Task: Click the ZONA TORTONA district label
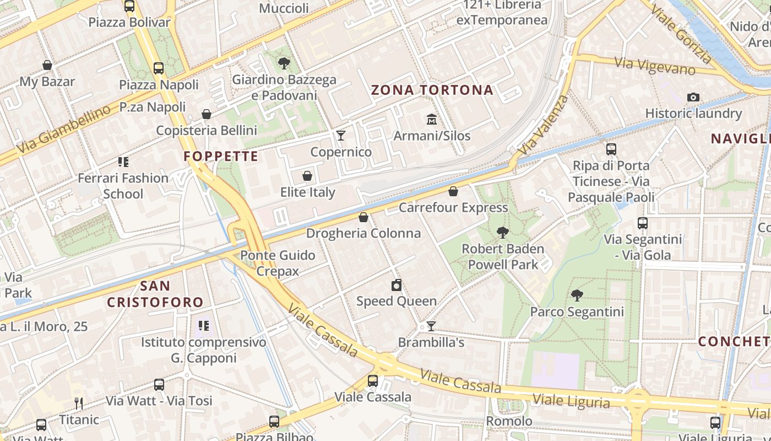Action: point(432,90)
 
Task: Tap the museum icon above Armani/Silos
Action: point(432,119)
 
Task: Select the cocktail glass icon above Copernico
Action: point(341,135)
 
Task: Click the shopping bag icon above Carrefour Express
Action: point(453,191)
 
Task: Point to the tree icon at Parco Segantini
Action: point(577,295)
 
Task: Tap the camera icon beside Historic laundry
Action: point(693,98)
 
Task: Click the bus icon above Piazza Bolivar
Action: point(129,7)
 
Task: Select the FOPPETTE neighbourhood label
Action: point(221,157)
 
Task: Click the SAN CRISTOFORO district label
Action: point(155,294)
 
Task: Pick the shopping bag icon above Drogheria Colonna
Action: point(363,217)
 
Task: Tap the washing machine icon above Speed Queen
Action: point(396,285)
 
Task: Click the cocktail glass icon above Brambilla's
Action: point(431,326)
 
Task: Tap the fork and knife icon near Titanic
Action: point(79,404)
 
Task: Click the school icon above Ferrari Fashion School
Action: point(123,162)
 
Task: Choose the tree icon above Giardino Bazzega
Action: point(284,63)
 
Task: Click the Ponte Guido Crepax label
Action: point(278,263)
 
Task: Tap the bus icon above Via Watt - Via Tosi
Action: point(159,385)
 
